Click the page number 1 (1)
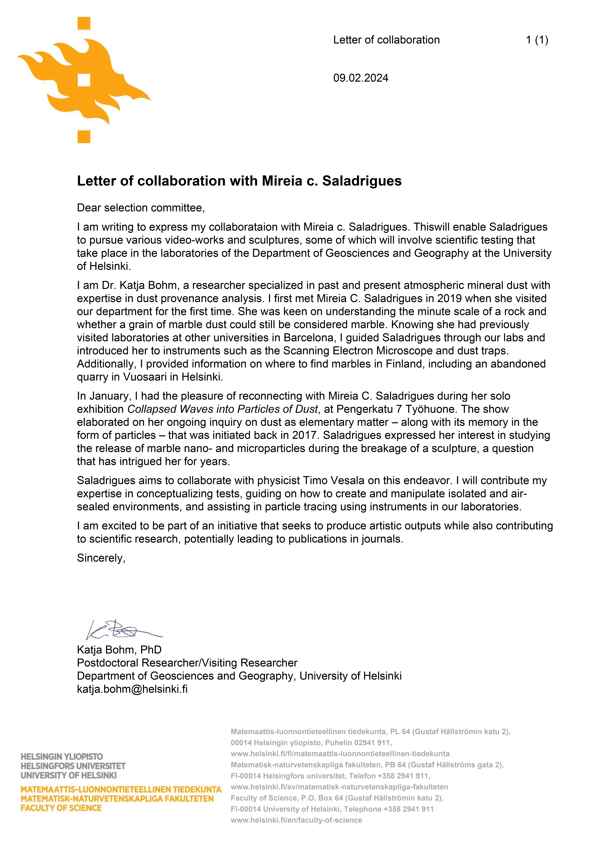[537, 40]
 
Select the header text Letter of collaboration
[386, 40]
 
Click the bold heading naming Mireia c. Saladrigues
[239, 181]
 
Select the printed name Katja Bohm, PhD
[119, 650]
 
